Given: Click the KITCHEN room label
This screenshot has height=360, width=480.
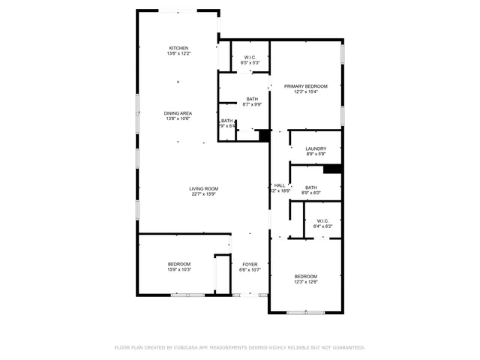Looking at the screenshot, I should tap(178, 48).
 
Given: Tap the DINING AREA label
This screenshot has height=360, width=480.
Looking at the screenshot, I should tap(178, 113).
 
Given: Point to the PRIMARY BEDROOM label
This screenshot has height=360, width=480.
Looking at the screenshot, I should tap(305, 86).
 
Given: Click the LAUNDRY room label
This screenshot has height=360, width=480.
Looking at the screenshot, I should tap(316, 148).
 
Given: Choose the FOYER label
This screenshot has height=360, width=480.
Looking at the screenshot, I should tap(249, 264).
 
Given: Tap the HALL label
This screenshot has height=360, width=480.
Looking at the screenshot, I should tap(280, 185).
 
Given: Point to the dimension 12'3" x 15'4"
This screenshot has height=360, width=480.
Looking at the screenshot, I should tap(305, 92).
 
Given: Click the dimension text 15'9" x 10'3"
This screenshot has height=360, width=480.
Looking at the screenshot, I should tap(178, 270).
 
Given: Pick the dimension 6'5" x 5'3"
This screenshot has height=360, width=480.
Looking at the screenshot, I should tap(250, 63).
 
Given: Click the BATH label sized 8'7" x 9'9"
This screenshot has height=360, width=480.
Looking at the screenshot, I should tap(253, 99).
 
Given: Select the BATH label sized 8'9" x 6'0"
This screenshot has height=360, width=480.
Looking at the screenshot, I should tap(310, 187).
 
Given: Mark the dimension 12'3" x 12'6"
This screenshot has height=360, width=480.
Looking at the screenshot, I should tap(305, 282).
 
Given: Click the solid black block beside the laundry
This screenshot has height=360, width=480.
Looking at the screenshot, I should tap(332, 169).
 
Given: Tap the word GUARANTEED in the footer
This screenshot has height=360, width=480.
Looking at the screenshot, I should tap(346, 347).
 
